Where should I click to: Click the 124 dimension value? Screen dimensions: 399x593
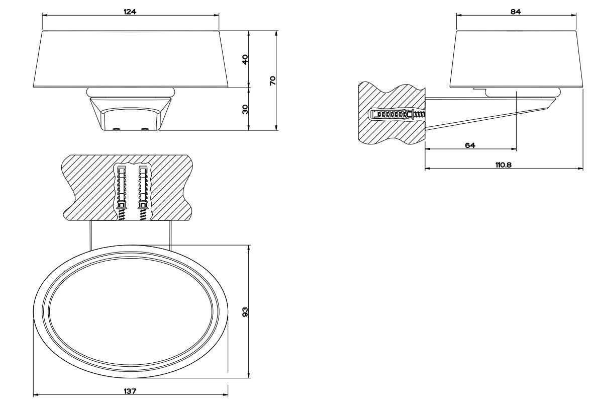(x=130, y=11)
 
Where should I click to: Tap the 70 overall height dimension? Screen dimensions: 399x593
(x=273, y=80)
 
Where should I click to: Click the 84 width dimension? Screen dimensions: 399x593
(x=516, y=11)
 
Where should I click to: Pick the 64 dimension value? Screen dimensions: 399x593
(x=470, y=145)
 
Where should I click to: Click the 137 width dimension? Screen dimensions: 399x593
(x=130, y=391)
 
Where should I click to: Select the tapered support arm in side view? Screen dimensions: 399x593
(x=482, y=113)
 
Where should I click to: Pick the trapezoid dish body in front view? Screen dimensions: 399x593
(x=130, y=59)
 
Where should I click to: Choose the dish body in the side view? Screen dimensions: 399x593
(x=516, y=59)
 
